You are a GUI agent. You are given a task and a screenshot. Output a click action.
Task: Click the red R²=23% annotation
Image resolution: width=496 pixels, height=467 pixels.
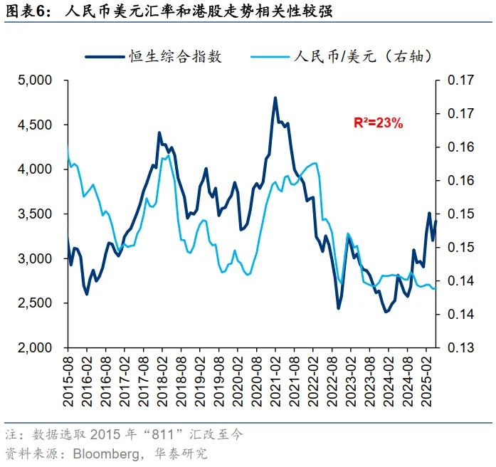(x=379, y=123)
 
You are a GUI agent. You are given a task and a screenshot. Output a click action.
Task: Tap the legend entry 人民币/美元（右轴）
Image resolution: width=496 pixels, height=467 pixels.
(x=363, y=56)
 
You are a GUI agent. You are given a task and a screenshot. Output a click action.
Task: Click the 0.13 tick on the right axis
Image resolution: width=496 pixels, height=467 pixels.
(x=460, y=347)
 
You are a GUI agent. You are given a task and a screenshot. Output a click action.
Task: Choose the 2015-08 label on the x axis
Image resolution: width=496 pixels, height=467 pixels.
(x=69, y=381)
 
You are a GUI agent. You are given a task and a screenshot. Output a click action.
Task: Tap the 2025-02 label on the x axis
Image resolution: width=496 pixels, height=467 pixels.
(x=426, y=381)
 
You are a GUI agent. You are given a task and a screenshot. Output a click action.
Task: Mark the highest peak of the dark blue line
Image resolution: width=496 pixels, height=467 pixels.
(x=275, y=98)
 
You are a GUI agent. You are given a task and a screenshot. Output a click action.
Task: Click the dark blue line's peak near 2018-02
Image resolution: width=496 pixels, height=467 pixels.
(x=159, y=132)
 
